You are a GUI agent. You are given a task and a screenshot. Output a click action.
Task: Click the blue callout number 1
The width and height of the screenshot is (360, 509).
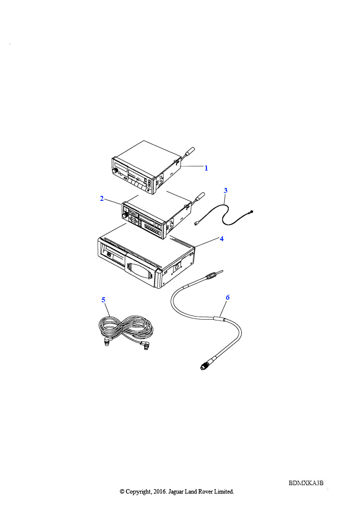[x=206, y=168]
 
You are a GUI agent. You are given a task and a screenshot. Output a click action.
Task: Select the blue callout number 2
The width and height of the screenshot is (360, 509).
[x=101, y=198]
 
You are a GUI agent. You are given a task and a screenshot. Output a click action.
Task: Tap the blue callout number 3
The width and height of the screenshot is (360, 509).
[x=226, y=190]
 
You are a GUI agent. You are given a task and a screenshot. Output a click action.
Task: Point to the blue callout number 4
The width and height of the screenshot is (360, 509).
[x=222, y=239]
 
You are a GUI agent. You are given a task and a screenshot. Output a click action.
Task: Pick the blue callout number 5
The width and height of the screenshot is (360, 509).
[x=103, y=300]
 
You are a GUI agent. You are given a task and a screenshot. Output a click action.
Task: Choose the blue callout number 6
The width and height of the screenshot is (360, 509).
[x=228, y=297]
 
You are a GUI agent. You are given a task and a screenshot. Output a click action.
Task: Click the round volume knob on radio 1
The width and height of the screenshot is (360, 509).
[x=115, y=171]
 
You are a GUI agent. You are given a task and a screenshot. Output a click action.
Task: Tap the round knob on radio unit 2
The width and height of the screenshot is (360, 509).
[x=125, y=216]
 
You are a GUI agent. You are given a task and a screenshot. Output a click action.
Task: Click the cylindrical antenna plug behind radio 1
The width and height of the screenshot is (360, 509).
[x=189, y=151]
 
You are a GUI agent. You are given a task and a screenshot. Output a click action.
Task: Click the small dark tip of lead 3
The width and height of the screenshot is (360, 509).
[x=251, y=212]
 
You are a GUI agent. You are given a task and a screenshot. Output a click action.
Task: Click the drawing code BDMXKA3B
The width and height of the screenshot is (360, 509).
[x=306, y=483]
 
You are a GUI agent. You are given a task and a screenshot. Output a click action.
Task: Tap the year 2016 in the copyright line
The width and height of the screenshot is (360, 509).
[x=159, y=492]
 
